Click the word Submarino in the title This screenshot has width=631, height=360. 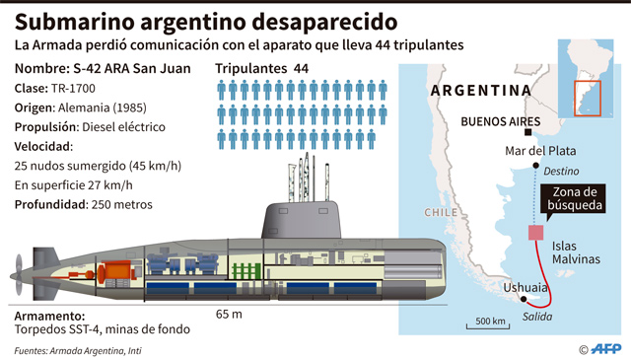pyautogui.click(x=75, y=22)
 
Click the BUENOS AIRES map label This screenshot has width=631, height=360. pyautogui.click(x=500, y=121)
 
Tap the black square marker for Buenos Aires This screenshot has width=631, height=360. pyautogui.click(x=528, y=132)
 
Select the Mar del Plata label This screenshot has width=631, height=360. pyautogui.click(x=540, y=151)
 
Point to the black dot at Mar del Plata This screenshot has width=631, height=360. pyautogui.click(x=535, y=166)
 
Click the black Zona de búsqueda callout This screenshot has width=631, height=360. pyautogui.click(x=573, y=198)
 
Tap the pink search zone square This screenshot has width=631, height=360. pyautogui.click(x=536, y=233)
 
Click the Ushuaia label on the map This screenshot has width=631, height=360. pyautogui.click(x=526, y=288)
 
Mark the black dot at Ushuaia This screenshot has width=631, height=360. pyautogui.click(x=524, y=299)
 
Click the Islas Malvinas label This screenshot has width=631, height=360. pyautogui.click(x=576, y=252)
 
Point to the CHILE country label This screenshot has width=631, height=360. pyautogui.click(x=441, y=213)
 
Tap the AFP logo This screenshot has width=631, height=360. pyautogui.click(x=605, y=349)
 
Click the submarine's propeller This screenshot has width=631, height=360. pyautogui.click(x=19, y=275)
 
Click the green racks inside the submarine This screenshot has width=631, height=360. pyautogui.click(x=245, y=271)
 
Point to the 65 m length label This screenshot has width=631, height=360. pyautogui.click(x=229, y=314)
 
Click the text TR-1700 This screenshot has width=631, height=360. pyautogui.click(x=73, y=89)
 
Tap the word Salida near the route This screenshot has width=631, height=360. pyautogui.click(x=537, y=317)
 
